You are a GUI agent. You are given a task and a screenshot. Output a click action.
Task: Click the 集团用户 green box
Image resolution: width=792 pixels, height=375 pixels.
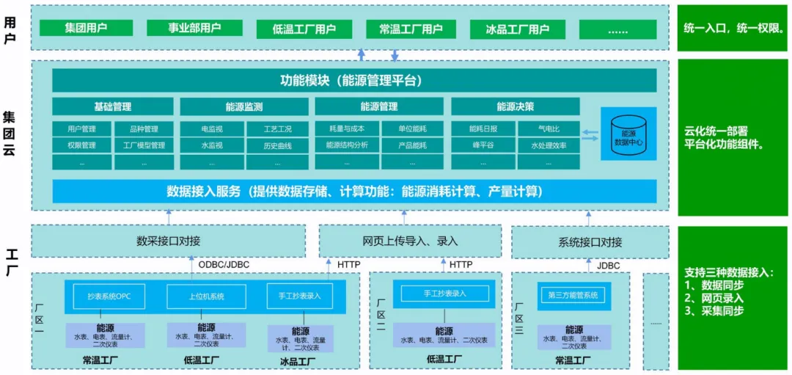(x=87, y=28)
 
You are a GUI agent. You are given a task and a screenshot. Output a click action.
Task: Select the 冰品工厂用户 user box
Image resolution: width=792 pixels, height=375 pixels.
(x=518, y=29)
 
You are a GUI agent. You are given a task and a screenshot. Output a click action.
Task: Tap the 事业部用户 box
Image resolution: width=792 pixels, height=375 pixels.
(x=194, y=28)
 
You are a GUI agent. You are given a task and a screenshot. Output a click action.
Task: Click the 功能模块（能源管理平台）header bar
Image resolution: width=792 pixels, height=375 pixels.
(x=354, y=80)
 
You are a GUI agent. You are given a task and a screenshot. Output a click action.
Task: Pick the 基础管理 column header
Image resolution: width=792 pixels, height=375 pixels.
(x=113, y=106)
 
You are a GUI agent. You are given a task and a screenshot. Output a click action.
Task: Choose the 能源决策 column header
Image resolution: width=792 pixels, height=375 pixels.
(x=515, y=106)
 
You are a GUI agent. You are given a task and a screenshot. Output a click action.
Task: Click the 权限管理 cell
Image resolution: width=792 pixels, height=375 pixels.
(x=81, y=145)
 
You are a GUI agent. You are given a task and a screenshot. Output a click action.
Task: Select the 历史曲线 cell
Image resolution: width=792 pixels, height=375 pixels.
(x=277, y=145)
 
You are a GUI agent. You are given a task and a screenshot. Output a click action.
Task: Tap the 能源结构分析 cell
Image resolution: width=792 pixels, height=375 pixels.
(x=347, y=145)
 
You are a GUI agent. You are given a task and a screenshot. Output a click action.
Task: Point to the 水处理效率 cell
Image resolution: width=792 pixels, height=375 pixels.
(x=549, y=145)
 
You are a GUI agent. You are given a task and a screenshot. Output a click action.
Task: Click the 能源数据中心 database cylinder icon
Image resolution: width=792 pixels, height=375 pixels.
(x=628, y=133)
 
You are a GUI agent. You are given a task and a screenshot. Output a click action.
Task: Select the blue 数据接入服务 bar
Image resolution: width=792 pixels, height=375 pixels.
(x=354, y=192)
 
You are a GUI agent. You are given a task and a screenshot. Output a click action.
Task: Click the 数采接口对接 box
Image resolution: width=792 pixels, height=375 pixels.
(x=168, y=241)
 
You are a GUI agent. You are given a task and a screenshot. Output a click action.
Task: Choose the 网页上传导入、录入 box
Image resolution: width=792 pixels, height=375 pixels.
(x=410, y=241)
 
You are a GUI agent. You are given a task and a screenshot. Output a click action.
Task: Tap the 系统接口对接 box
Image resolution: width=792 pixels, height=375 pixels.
(x=590, y=242)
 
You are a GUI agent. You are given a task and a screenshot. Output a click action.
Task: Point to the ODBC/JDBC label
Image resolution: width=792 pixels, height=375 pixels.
(x=224, y=264)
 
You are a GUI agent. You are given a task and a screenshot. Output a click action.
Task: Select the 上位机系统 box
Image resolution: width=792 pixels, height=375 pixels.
(x=206, y=296)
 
